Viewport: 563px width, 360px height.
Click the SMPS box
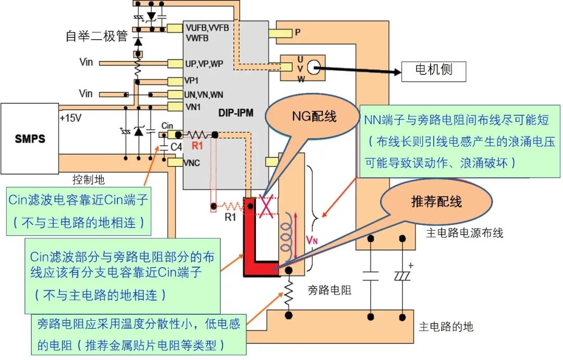30,139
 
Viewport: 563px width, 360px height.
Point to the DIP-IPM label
235,113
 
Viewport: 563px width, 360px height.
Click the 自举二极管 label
96,36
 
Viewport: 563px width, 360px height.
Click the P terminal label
297,32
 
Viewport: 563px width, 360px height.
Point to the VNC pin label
192,163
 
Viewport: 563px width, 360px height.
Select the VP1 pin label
191,81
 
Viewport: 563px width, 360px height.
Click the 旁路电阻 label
330,290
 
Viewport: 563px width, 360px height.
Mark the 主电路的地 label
446,327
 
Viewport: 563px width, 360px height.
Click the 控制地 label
88,180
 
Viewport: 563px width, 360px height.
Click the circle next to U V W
313,67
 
